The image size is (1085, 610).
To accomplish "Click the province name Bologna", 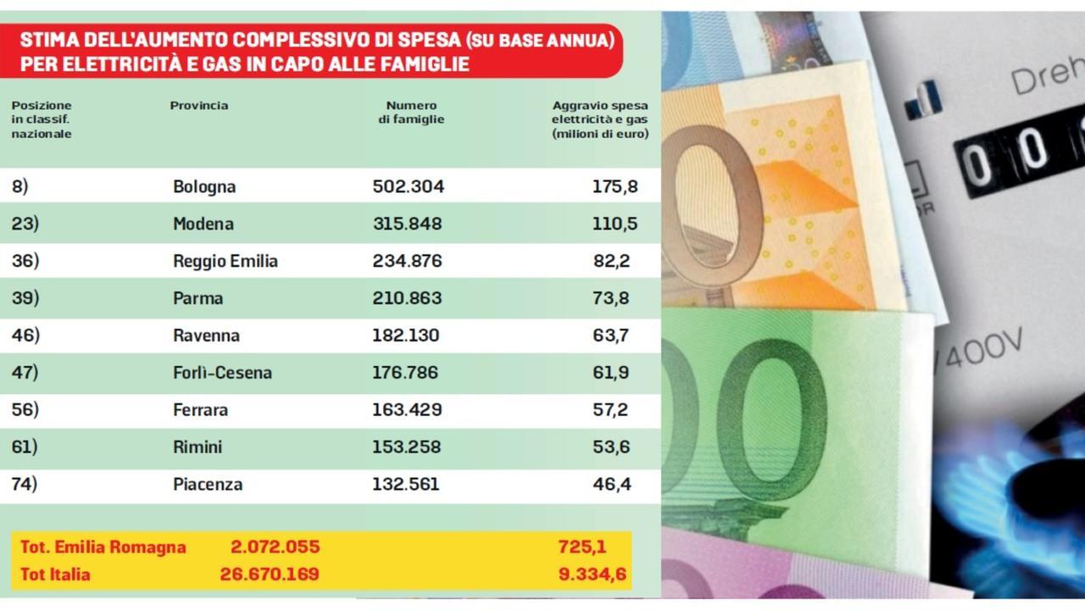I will click(203, 186).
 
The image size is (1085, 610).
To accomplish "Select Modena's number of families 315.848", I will click(407, 224).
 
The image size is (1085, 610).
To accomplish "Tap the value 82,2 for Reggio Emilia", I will click(611, 261).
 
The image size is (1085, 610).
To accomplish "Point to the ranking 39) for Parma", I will click(25, 298).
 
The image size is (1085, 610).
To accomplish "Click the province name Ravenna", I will click(206, 335).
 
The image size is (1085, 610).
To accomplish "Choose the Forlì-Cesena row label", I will click(222, 373).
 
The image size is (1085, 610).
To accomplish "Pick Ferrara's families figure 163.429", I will click(407, 410).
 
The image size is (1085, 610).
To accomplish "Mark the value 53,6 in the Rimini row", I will click(611, 447).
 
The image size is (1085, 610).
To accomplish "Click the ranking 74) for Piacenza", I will click(25, 485).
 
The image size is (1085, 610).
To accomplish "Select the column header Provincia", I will click(198, 106).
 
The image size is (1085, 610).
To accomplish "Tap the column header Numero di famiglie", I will click(411, 113).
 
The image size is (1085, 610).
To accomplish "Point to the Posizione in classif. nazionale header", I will click(42, 119).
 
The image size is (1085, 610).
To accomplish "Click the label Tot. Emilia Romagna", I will click(103, 547).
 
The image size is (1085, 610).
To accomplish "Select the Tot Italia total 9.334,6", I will click(593, 574).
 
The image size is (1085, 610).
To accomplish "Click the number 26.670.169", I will click(269, 574).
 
